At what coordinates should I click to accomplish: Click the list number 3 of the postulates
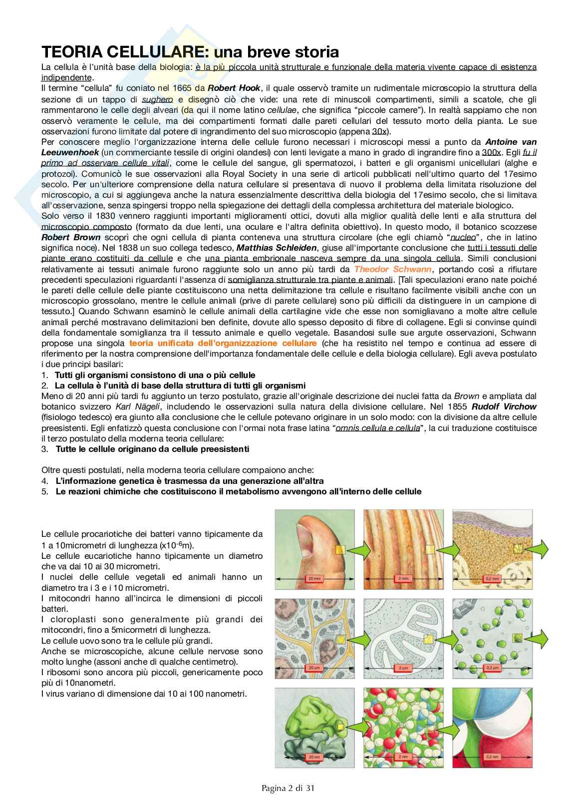coord(45,449)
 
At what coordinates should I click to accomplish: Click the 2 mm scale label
coord(388,578)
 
